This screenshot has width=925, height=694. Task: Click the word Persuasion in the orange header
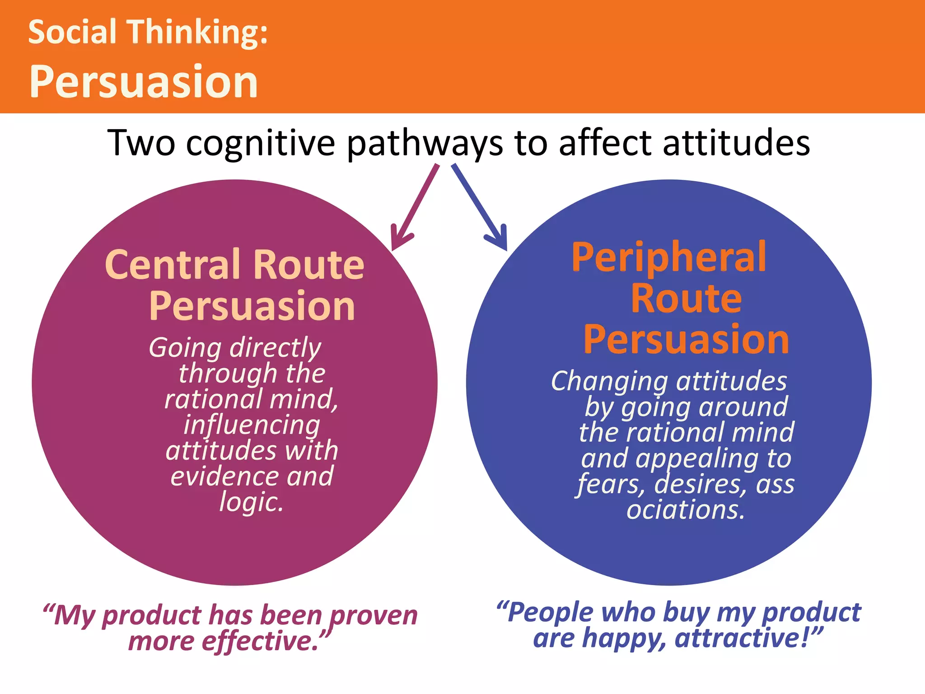tap(144, 81)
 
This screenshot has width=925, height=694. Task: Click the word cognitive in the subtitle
tap(260, 144)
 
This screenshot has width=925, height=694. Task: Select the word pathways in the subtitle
tap(425, 144)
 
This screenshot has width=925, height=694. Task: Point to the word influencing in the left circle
tap(252, 426)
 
